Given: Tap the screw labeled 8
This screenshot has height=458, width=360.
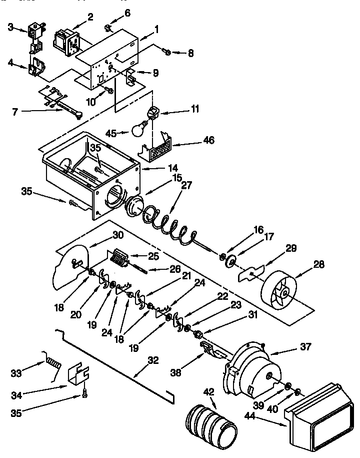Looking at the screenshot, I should pyautogui.click(x=167, y=52).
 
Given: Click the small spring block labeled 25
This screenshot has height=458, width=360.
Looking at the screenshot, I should pyautogui.click(x=120, y=260).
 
